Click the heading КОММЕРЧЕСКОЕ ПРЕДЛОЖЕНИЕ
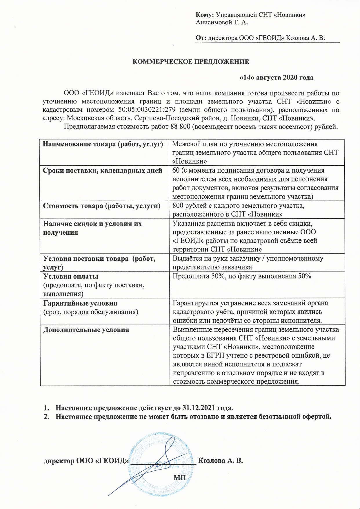coord(190,62)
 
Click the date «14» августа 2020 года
coord(276,78)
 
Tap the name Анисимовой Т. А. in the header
coord(222,22)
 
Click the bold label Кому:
coord(205,15)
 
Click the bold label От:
coord(201,38)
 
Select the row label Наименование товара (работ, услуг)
coord(103,144)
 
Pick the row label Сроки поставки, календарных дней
coord(102,171)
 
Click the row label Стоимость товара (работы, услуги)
coord(102,206)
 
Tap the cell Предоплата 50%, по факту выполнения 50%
coord(242,276)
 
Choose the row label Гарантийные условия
coord(80,303)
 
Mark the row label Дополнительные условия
coord(86,329)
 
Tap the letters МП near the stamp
coord(180,477)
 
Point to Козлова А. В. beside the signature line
coord(220,461)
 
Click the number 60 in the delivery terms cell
coord(176,170)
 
